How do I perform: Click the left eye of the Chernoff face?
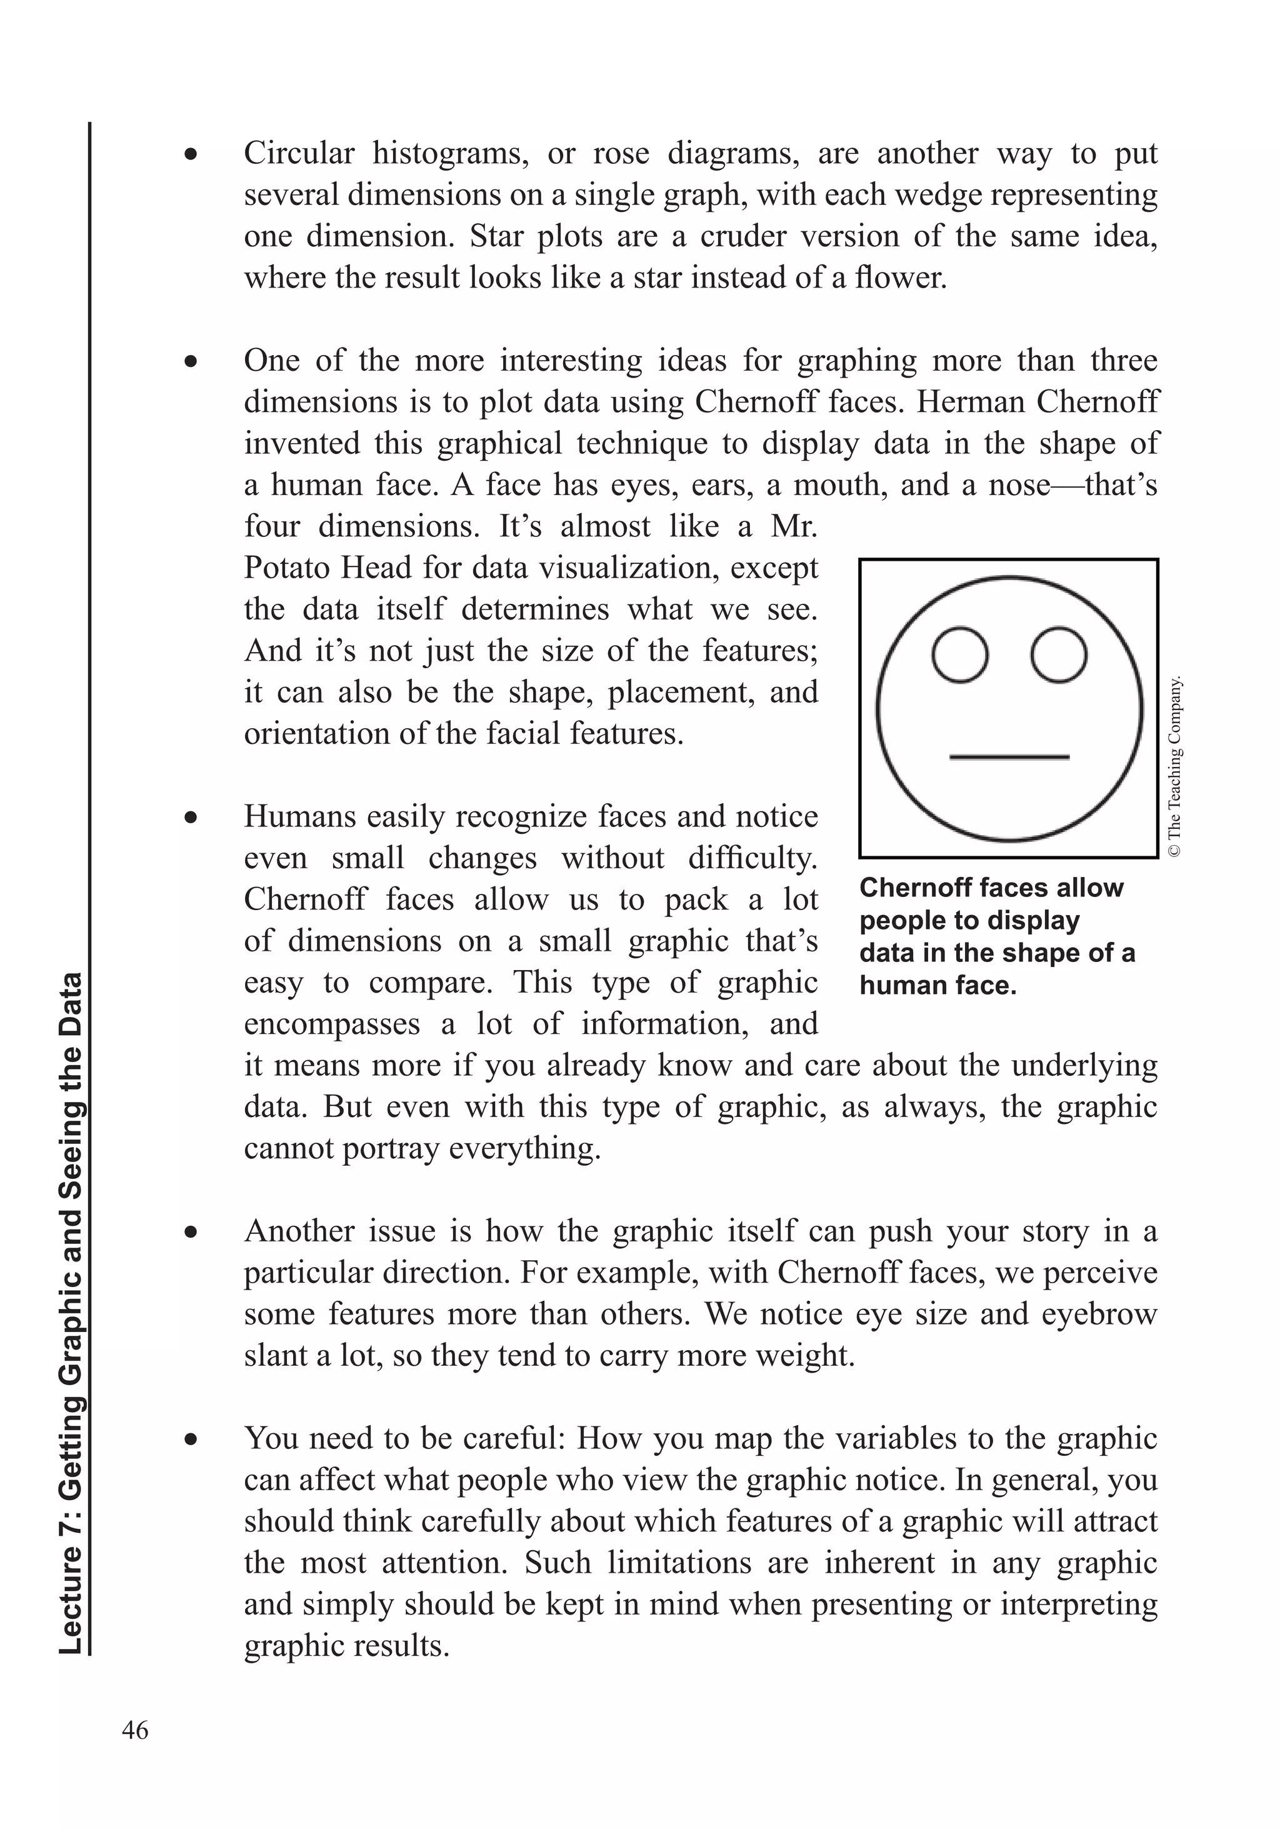point(960,655)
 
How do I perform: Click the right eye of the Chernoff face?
point(1059,655)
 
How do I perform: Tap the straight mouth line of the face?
point(1009,757)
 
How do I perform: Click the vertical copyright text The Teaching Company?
point(1175,766)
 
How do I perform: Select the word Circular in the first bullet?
point(299,153)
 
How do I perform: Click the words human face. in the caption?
point(937,985)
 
